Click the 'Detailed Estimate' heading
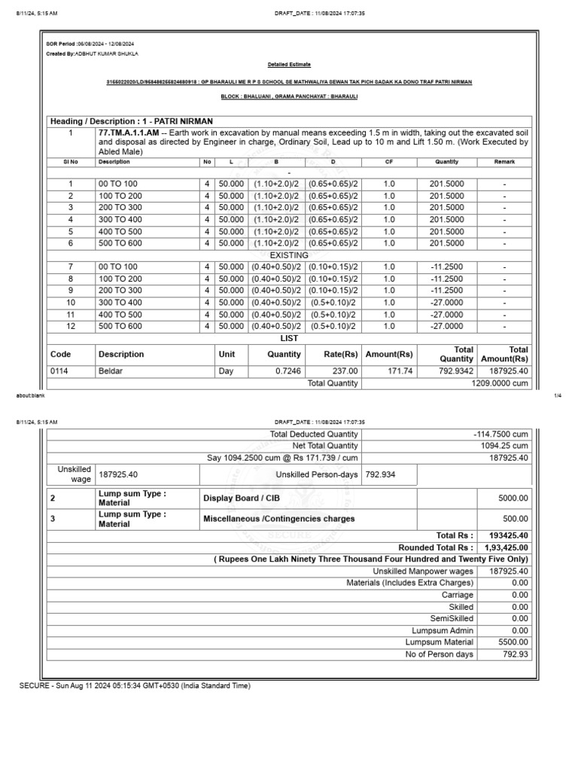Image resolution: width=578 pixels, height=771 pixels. click(x=290, y=65)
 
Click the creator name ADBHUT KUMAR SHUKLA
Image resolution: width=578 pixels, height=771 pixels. click(x=107, y=54)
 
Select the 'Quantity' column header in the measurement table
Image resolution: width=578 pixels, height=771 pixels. click(x=446, y=162)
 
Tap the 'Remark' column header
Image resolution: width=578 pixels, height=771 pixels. click(x=504, y=162)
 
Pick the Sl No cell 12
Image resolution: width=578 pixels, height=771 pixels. click(x=71, y=326)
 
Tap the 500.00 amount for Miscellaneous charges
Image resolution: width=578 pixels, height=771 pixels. click(x=513, y=519)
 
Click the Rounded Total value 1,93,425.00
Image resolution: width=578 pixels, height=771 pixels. click(x=503, y=547)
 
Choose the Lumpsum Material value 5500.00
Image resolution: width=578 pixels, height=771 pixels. click(x=513, y=642)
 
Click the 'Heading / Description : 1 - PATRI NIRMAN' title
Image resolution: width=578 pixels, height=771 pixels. click(x=132, y=121)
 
